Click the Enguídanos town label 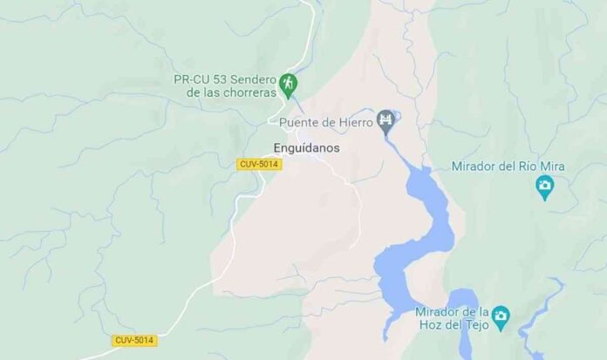tap(305, 148)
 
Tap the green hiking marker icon tap(290, 85)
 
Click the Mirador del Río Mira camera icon tap(546, 186)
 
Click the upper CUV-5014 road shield tap(259, 164)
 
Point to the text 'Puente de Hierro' tap(326, 122)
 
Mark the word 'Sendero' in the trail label tap(256, 78)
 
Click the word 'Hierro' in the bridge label tap(354, 122)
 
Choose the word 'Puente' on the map tap(300, 122)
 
